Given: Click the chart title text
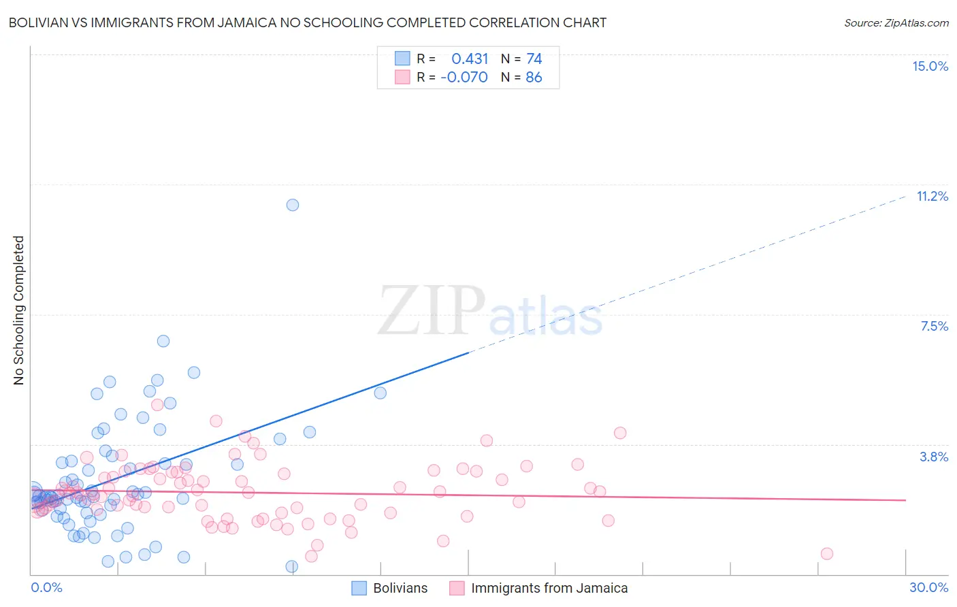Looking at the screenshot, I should click(307, 22).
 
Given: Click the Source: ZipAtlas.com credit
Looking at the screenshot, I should click(896, 22).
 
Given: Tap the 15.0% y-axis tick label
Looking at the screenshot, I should click(930, 66).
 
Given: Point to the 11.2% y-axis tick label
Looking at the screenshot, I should click(932, 196).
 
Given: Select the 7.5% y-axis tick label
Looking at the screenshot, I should click(934, 326).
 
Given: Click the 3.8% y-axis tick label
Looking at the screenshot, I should click(934, 457).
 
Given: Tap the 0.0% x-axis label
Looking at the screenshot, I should click(46, 587).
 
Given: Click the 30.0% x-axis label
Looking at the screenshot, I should click(928, 587).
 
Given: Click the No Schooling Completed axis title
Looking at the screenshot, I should click(18, 310).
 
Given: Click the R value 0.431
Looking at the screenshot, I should click(470, 59).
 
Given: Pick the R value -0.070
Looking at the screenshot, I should click(464, 77).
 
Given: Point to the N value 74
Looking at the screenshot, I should click(534, 59).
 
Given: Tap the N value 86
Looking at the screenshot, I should click(534, 77).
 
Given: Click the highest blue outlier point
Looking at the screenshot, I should click(293, 205).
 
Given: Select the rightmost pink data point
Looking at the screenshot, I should click(826, 553).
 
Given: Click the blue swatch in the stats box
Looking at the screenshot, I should click(402, 59).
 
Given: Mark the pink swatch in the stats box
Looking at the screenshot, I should click(402, 77).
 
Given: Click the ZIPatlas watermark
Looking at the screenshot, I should click(490, 311).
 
